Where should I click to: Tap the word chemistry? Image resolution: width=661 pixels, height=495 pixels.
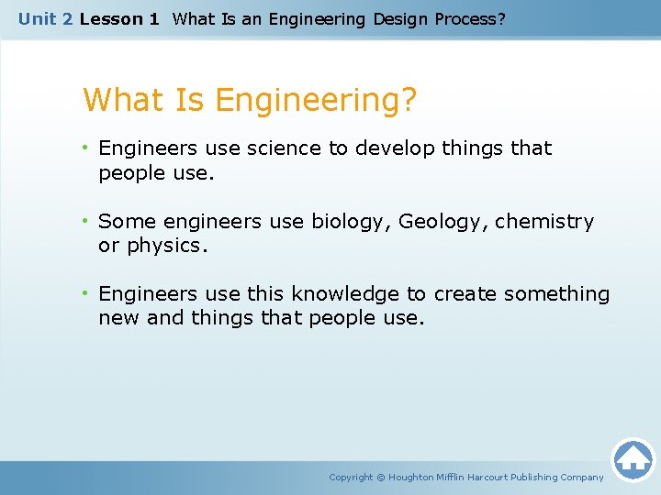pos(544,222)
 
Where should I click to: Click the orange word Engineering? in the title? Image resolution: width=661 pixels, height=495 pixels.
pos(317,100)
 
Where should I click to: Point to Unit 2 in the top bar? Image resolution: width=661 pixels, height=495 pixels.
pos(46,18)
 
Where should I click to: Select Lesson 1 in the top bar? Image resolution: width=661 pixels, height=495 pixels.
pos(119,18)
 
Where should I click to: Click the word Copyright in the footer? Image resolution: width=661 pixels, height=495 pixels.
pos(351,477)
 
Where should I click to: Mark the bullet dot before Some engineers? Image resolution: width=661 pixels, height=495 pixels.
pos(85,222)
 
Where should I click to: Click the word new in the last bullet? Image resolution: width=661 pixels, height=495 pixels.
pos(118,318)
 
